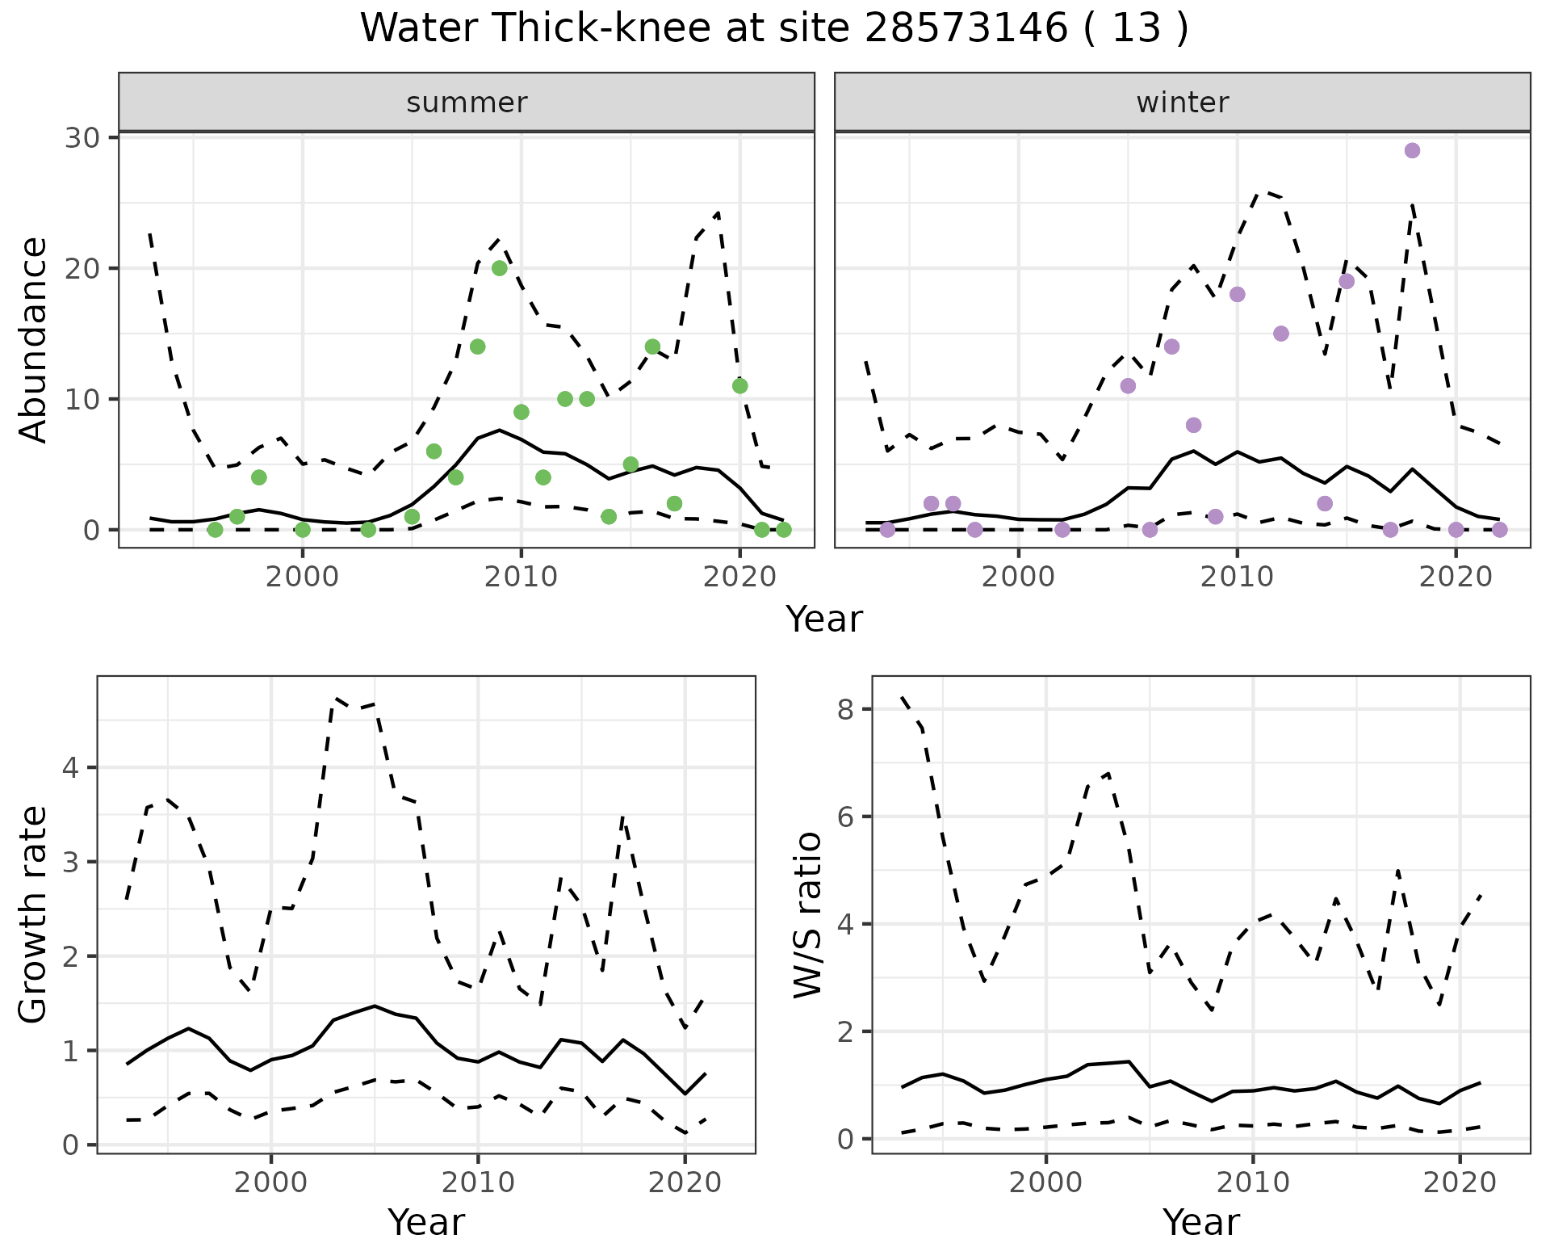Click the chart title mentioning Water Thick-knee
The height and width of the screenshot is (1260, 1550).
pyautogui.click(x=773, y=29)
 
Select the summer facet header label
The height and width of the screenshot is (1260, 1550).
pyautogui.click(x=467, y=103)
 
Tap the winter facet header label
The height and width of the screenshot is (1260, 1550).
pyautogui.click(x=1182, y=103)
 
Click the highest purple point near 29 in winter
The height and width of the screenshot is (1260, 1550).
pyautogui.click(x=1412, y=151)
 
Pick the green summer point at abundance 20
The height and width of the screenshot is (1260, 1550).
pyautogui.click(x=500, y=268)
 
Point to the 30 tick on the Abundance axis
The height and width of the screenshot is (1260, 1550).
pyautogui.click(x=82, y=137)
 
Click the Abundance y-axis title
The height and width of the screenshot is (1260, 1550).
pyautogui.click(x=33, y=339)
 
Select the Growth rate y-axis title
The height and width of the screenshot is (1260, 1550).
pyautogui.click(x=33, y=914)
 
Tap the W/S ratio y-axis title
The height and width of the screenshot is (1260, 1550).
pyautogui.click(x=807, y=914)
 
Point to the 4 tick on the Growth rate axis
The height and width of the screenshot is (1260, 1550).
pyautogui.click(x=73, y=767)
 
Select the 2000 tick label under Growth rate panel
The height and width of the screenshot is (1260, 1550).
pyautogui.click(x=271, y=1182)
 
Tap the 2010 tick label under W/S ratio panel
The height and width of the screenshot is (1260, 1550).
pyautogui.click(x=1253, y=1182)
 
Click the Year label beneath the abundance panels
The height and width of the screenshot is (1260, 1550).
pyautogui.click(x=824, y=619)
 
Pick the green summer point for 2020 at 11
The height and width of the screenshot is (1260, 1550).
pyautogui.click(x=739, y=386)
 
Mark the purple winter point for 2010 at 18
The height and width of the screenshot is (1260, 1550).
pyautogui.click(x=1237, y=294)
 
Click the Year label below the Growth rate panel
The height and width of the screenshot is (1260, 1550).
pyautogui.click(x=426, y=1223)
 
